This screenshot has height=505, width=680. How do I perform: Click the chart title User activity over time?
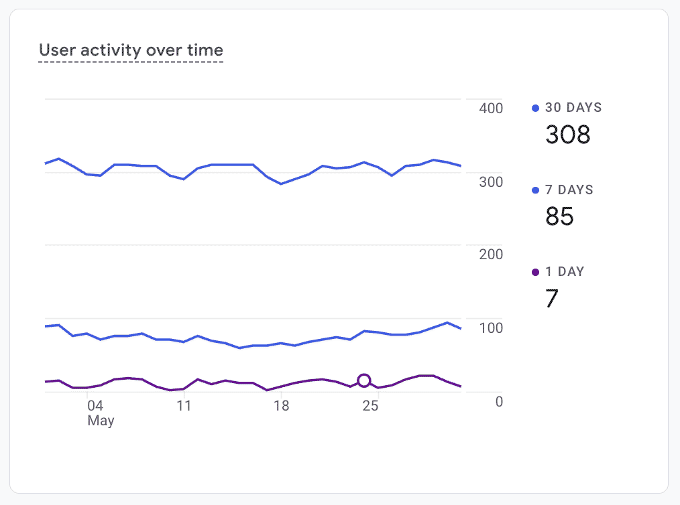point(131,50)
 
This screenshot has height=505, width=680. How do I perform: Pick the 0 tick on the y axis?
point(499,401)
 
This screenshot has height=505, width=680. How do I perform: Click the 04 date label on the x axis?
point(95,406)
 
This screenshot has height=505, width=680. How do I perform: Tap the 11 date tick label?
point(184,406)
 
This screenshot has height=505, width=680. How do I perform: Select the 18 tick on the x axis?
point(281,406)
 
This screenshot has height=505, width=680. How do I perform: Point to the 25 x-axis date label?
point(370,406)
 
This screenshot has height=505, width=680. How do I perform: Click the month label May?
point(101,421)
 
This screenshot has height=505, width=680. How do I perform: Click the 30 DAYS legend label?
point(573,107)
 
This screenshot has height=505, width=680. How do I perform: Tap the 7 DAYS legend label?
point(569,190)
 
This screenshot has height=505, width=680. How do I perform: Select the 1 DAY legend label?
point(565,271)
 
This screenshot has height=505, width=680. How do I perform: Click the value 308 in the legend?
point(568,135)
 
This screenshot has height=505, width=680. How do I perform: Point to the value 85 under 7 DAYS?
point(559,216)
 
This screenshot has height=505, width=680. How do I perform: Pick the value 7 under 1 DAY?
point(552,299)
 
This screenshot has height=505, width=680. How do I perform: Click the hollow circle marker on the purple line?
point(364,380)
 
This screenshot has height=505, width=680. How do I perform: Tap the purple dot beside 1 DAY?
point(535,272)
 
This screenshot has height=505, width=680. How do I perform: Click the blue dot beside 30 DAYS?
point(535,108)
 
